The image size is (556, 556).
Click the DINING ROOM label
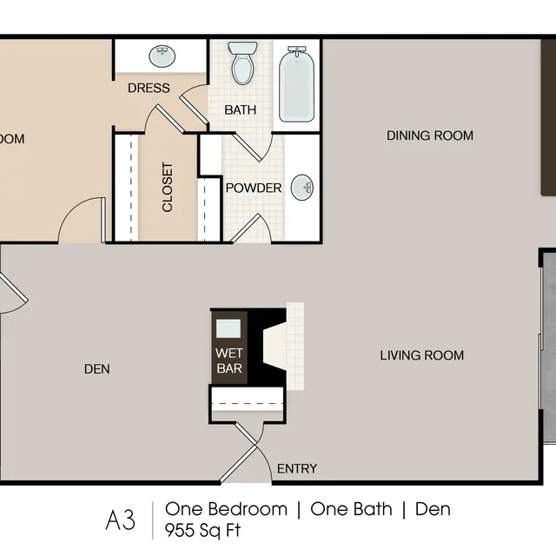coord(430,136)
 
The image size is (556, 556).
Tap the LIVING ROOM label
coord(421,355)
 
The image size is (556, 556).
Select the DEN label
coord(97,369)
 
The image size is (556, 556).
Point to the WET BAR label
coord(230,361)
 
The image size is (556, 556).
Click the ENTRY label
coord(296,469)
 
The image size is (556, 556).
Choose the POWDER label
coord(254,189)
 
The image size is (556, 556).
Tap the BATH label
coord(240,110)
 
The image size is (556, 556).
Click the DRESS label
coord(149,89)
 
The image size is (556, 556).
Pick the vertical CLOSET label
coord(168,188)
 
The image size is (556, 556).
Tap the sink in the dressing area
coord(161,57)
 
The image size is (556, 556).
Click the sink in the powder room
coord(302,186)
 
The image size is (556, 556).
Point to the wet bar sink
coord(229,328)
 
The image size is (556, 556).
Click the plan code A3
coord(121,520)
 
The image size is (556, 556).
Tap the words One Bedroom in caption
coord(225,509)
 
